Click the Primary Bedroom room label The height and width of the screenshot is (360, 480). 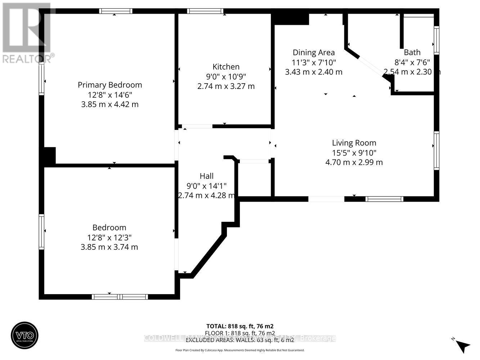pyautogui.click(x=110, y=85)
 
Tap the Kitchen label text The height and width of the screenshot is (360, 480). pyautogui.click(x=226, y=67)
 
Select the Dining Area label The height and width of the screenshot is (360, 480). pyautogui.click(x=313, y=53)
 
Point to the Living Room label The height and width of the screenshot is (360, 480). pyautogui.click(x=354, y=143)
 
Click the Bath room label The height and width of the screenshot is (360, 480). pyautogui.click(x=412, y=53)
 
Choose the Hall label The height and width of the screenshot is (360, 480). pyautogui.click(x=206, y=176)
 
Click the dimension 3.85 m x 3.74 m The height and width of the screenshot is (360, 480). pyautogui.click(x=109, y=247)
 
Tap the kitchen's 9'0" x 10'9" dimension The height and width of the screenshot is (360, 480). pyautogui.click(x=226, y=76)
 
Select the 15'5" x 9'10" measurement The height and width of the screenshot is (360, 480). pyautogui.click(x=354, y=153)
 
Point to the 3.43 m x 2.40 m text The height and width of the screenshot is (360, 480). pyautogui.click(x=313, y=72)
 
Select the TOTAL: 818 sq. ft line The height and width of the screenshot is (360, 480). pyautogui.click(x=240, y=327)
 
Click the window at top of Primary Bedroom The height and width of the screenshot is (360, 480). pyautogui.click(x=116, y=11)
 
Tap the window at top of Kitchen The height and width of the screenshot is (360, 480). pyautogui.click(x=205, y=11)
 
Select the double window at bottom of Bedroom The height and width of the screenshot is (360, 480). pyautogui.click(x=120, y=297)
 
